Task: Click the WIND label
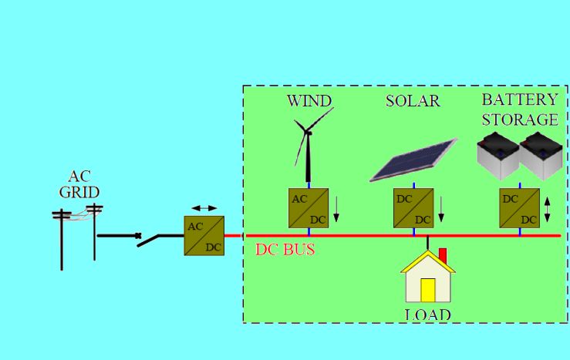(x=309, y=101)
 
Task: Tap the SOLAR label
(x=413, y=101)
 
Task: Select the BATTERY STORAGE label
(x=519, y=109)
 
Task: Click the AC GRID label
(x=79, y=184)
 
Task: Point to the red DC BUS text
(x=285, y=251)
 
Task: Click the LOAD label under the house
(x=427, y=315)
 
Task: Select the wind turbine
(x=309, y=146)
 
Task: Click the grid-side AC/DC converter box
(x=204, y=236)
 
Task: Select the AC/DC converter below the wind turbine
(x=309, y=208)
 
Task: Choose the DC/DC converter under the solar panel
(x=413, y=208)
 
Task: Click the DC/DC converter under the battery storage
(x=519, y=208)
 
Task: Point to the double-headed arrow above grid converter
(x=204, y=208)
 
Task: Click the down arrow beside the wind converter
(x=336, y=209)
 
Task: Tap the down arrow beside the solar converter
(x=441, y=209)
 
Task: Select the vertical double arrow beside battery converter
(x=547, y=209)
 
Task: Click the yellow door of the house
(x=427, y=290)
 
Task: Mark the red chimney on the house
(x=443, y=255)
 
